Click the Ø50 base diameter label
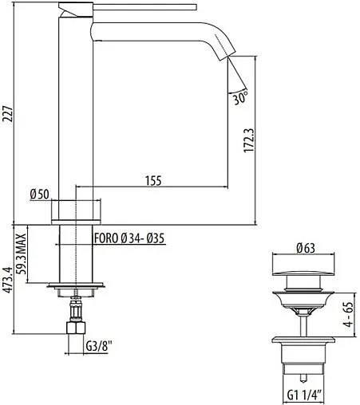tap(39, 194)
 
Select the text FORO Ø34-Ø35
tap(128, 238)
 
